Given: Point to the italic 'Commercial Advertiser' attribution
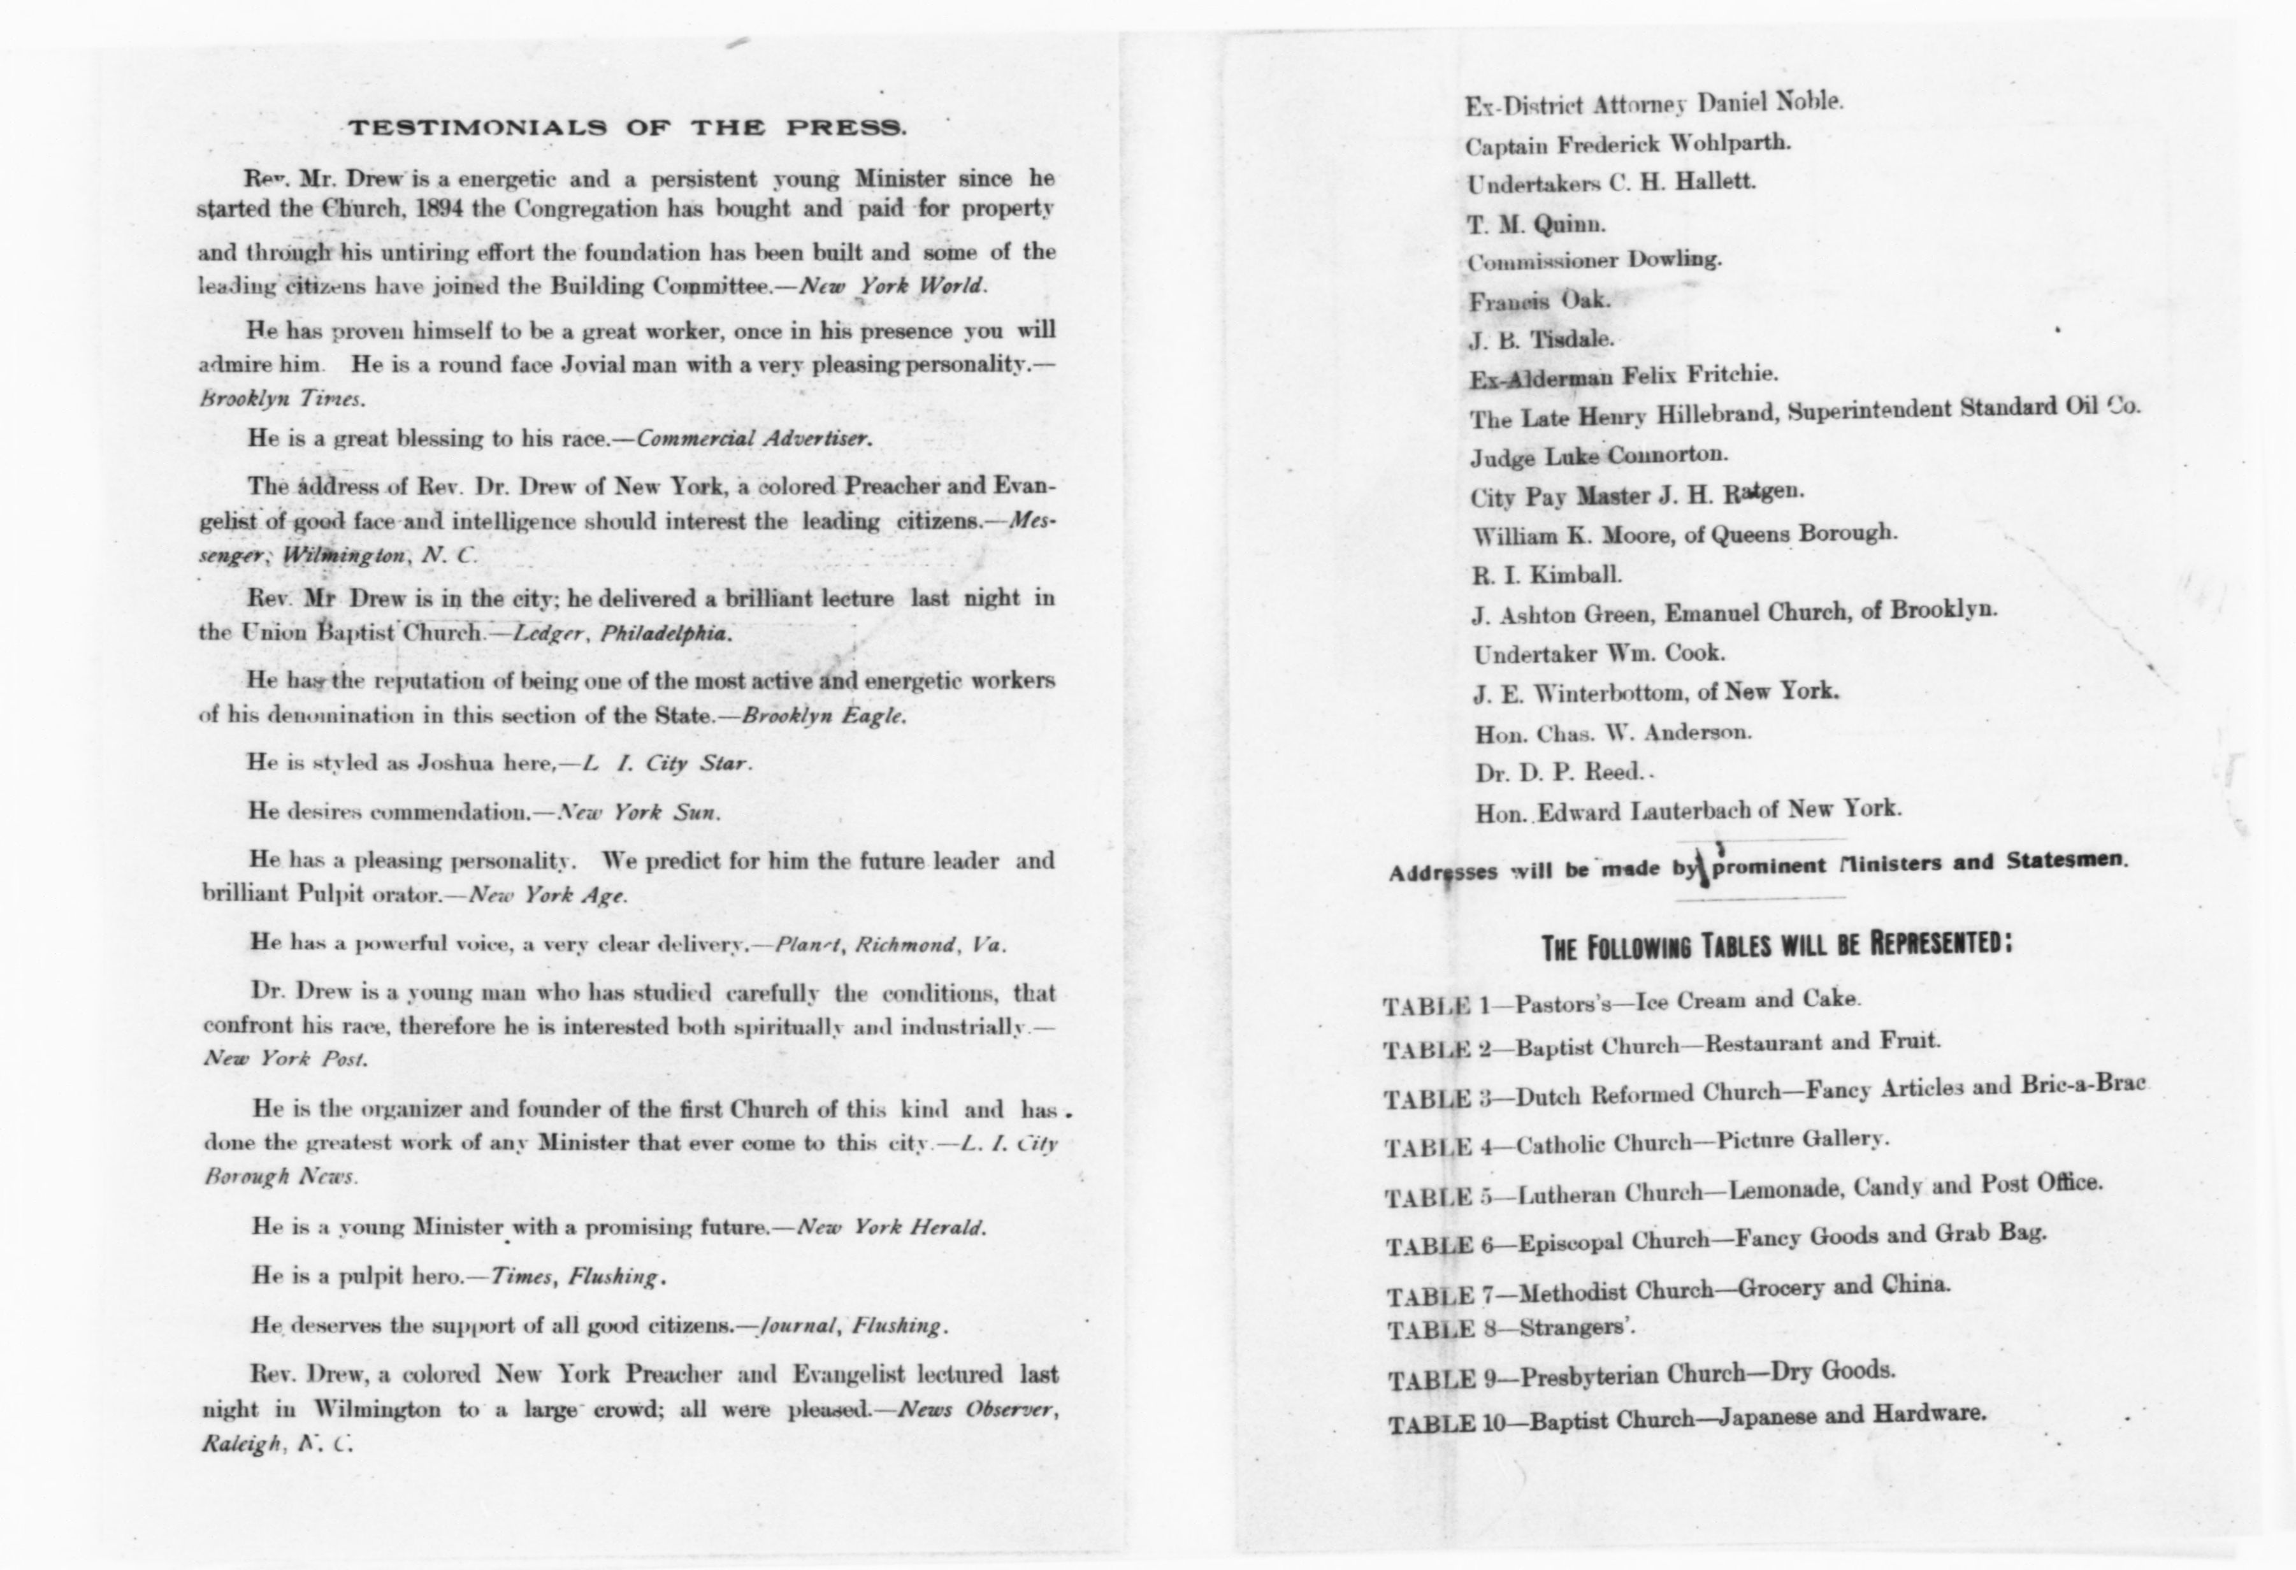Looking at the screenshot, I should pos(753,438).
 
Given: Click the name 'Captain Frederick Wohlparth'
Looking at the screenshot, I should pos(1627,144).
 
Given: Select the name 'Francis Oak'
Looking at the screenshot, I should pos(1539,300).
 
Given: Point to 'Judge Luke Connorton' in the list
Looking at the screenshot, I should pos(1598,456).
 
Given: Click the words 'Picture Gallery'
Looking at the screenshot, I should pos(1802,1140).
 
